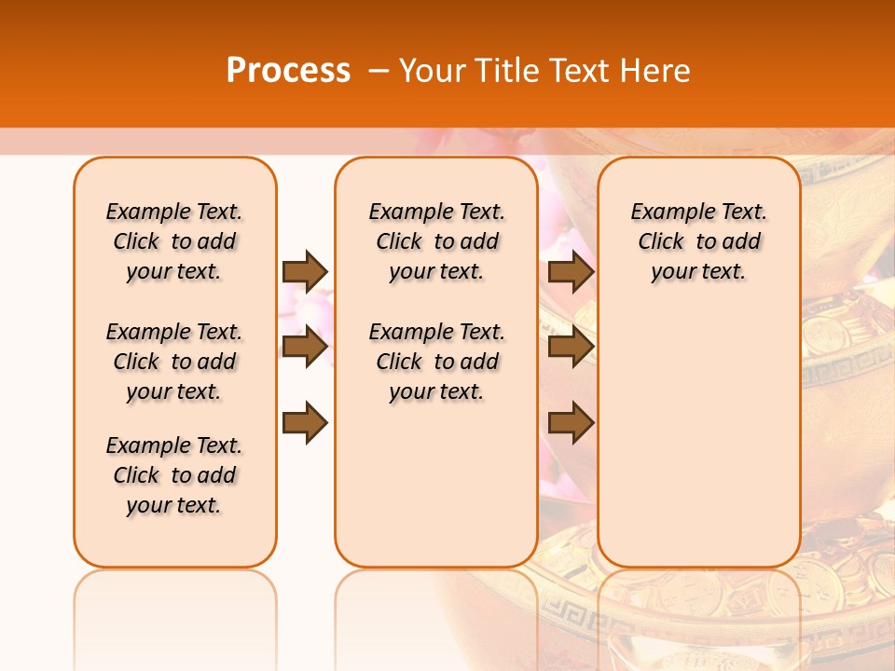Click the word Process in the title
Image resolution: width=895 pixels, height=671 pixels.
click(288, 71)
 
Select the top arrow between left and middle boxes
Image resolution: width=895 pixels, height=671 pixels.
click(305, 271)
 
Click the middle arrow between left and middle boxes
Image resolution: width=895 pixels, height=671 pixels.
click(305, 347)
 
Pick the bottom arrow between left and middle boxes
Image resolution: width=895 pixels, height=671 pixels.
click(305, 422)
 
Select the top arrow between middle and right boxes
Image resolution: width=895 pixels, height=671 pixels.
click(571, 271)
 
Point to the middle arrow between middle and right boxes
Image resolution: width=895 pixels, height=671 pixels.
click(571, 347)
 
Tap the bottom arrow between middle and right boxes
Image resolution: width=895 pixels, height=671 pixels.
click(571, 422)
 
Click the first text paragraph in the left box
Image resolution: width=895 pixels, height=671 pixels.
click(174, 241)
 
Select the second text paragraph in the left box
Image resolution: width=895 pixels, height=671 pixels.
click(174, 362)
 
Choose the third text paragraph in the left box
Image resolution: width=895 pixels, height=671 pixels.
click(174, 475)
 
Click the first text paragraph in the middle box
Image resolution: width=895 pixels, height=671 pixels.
click(436, 241)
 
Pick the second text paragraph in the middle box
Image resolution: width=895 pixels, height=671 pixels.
click(436, 362)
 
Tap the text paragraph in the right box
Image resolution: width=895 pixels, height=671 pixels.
click(698, 241)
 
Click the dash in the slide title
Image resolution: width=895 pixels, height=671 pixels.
click(379, 71)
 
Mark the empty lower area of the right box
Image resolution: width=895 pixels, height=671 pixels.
click(698, 438)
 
